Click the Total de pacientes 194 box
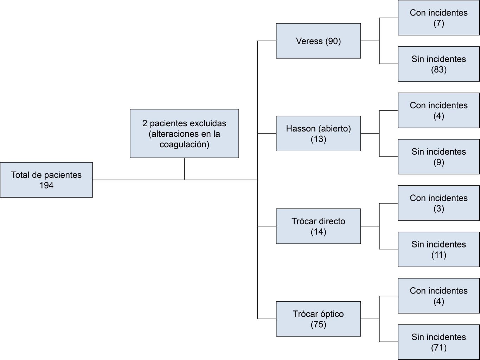[x=46, y=180]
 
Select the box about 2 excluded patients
[x=184, y=133]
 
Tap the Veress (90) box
[x=318, y=41]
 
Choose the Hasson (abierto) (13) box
[x=318, y=134]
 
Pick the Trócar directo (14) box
[x=318, y=226]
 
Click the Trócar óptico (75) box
[x=318, y=319]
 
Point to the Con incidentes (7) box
[x=439, y=18]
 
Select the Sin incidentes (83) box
[x=439, y=64]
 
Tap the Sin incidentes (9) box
[x=439, y=157]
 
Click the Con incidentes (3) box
[x=439, y=203]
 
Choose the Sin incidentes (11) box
[x=439, y=249]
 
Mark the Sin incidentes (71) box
[x=439, y=342]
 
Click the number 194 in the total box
[x=46, y=186]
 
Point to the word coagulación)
[x=184, y=144]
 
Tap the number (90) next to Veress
[x=333, y=41]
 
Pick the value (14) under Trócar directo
[x=318, y=232]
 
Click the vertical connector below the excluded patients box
[x=184, y=169]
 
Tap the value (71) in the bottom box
[x=439, y=348]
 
